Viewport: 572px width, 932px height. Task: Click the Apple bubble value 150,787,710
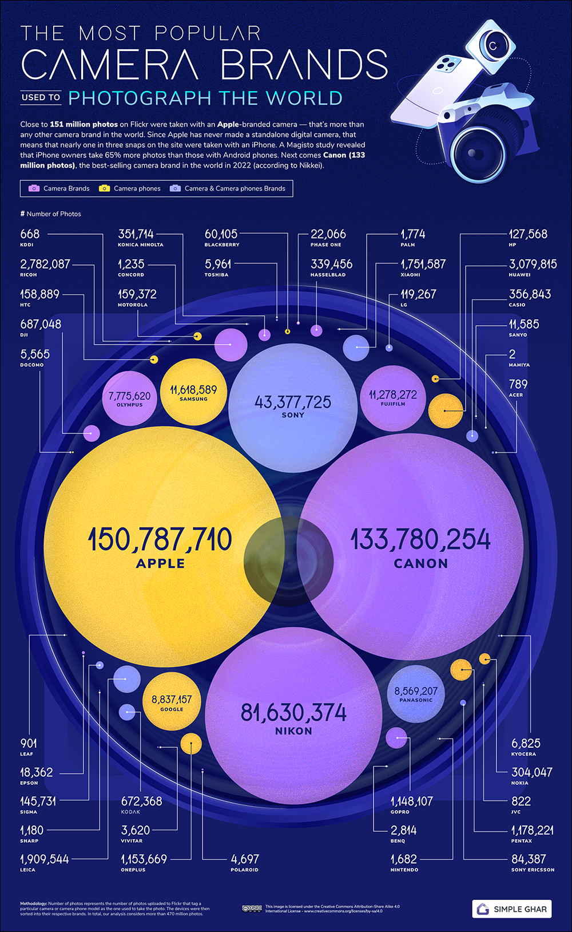[160, 540]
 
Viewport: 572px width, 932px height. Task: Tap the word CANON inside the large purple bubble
[421, 563]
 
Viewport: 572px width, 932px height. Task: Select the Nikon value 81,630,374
[293, 713]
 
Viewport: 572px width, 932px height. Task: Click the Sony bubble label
[293, 415]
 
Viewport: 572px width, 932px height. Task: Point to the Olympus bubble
[129, 398]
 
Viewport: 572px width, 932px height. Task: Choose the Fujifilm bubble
[393, 397]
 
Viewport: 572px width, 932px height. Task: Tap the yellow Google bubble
[172, 702]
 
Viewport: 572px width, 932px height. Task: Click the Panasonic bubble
[416, 694]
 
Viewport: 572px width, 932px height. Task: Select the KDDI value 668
[30, 234]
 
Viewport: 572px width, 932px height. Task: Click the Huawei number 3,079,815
[533, 264]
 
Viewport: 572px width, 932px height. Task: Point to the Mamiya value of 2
[512, 354]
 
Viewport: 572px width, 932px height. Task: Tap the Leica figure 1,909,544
[45, 859]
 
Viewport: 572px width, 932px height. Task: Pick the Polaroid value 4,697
[245, 859]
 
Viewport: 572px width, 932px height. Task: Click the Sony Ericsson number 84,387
[529, 859]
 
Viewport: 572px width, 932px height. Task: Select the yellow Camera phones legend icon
[104, 188]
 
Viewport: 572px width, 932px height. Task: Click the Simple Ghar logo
[512, 909]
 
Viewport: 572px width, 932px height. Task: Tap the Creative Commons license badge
[252, 908]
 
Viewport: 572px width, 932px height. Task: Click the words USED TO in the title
[41, 97]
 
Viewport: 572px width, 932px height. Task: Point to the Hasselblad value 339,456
[331, 264]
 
